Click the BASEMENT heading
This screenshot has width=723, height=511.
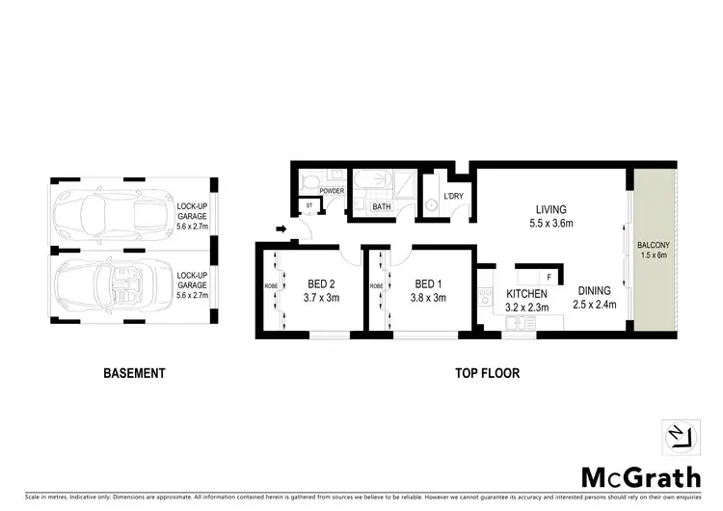pyautogui.click(x=134, y=373)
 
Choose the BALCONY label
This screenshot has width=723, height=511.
pyautogui.click(x=655, y=246)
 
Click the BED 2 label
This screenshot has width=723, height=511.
pyautogui.click(x=322, y=284)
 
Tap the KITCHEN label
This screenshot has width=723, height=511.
pyautogui.click(x=526, y=293)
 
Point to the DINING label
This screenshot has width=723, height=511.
pyautogui.click(x=595, y=290)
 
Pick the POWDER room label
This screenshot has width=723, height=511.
pyautogui.click(x=332, y=191)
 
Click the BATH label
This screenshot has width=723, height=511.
pyautogui.click(x=382, y=206)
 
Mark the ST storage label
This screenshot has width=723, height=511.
pyautogui.click(x=309, y=205)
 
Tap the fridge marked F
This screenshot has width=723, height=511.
pyautogui.click(x=549, y=278)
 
